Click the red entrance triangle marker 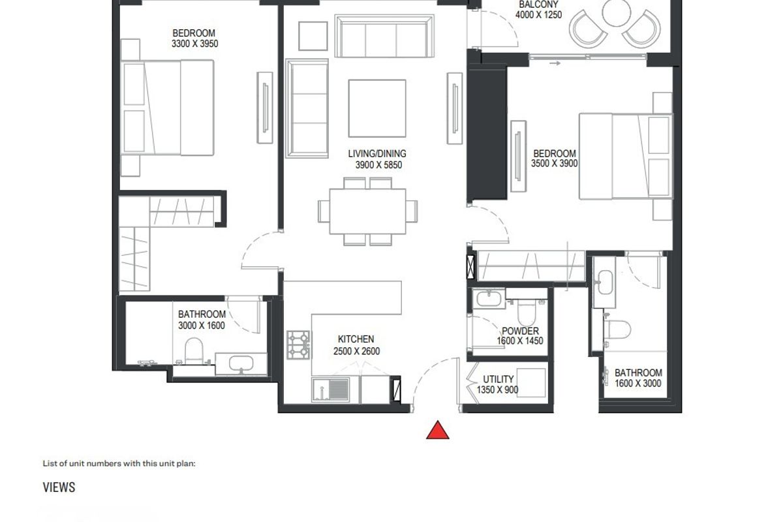[x=438, y=431]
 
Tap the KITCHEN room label [x=356, y=339]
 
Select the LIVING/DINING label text [x=377, y=153]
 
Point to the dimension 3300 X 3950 [x=194, y=44]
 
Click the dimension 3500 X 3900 [x=555, y=163]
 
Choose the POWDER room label [x=520, y=331]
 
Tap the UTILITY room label [x=498, y=379]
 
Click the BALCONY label [x=539, y=5]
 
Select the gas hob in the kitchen [x=299, y=345]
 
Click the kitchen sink [x=331, y=390]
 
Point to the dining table [x=368, y=211]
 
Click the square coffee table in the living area [x=377, y=108]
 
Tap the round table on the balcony [x=616, y=12]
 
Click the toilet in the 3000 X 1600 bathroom [x=194, y=350]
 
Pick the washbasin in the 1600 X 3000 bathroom [x=605, y=282]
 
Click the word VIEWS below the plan [x=59, y=487]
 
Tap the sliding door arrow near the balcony [x=555, y=63]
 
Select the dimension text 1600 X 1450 [x=520, y=341]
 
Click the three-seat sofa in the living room [x=384, y=36]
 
